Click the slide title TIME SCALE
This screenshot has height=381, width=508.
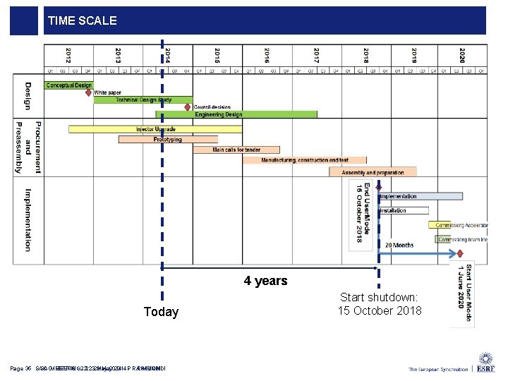click(x=83, y=21)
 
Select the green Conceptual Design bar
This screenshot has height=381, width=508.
click(x=68, y=85)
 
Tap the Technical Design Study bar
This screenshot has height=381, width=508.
click(x=143, y=100)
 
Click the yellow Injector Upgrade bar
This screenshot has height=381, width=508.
click(x=156, y=129)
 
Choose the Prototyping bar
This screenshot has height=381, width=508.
click(x=168, y=140)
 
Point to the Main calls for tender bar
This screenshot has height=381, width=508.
click(x=236, y=150)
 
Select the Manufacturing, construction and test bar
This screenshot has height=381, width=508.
click(x=305, y=160)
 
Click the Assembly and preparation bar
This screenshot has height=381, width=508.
click(x=373, y=172)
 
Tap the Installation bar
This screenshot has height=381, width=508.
click(x=403, y=210)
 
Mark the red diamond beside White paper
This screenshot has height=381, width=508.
click(x=89, y=92)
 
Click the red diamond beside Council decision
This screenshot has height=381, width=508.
click(x=188, y=107)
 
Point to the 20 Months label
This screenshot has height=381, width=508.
click(x=399, y=246)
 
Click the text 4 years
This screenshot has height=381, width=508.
click(x=265, y=281)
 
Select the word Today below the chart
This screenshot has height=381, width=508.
click(x=161, y=312)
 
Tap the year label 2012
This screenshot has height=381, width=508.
click(x=68, y=56)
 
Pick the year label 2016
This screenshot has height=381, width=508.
click(x=267, y=56)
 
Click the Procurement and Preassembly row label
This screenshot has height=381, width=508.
click(x=28, y=147)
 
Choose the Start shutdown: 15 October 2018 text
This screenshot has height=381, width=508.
click(x=379, y=304)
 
